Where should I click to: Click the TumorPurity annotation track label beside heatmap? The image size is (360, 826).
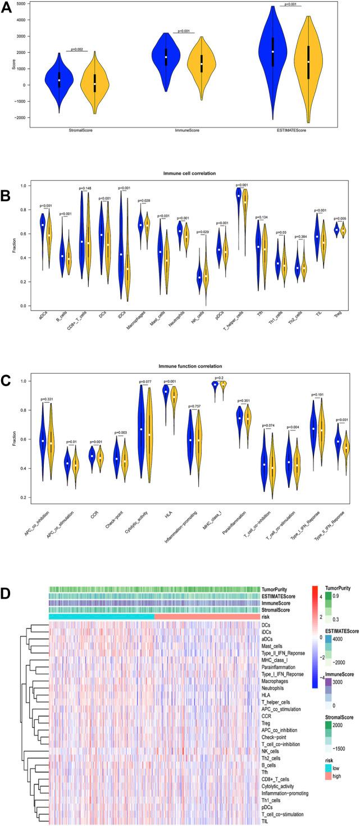276,589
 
